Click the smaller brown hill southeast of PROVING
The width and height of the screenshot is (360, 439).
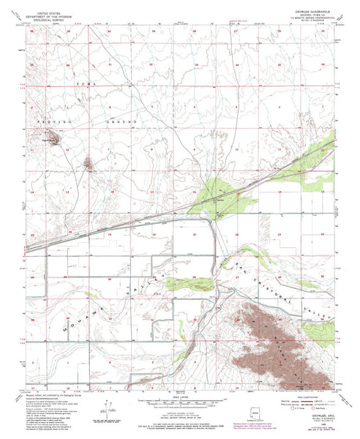(89, 164)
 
